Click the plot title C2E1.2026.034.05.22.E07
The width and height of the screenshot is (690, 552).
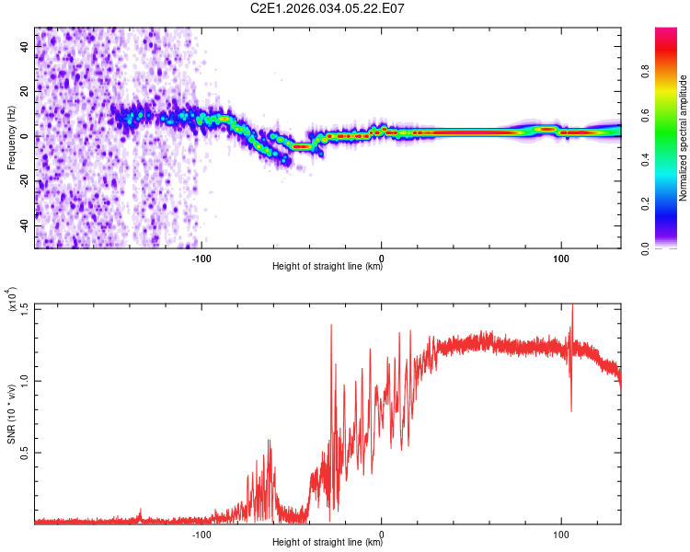pyautogui.click(x=328, y=8)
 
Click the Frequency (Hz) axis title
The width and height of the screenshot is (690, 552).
pyautogui.click(x=11, y=137)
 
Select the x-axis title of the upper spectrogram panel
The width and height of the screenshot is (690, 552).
pyautogui.click(x=328, y=267)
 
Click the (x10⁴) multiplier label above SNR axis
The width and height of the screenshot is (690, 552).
pyautogui.click(x=13, y=300)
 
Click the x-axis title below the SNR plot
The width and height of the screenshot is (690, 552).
pyautogui.click(x=328, y=543)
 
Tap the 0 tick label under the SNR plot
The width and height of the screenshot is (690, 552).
pyautogui.click(x=382, y=533)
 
